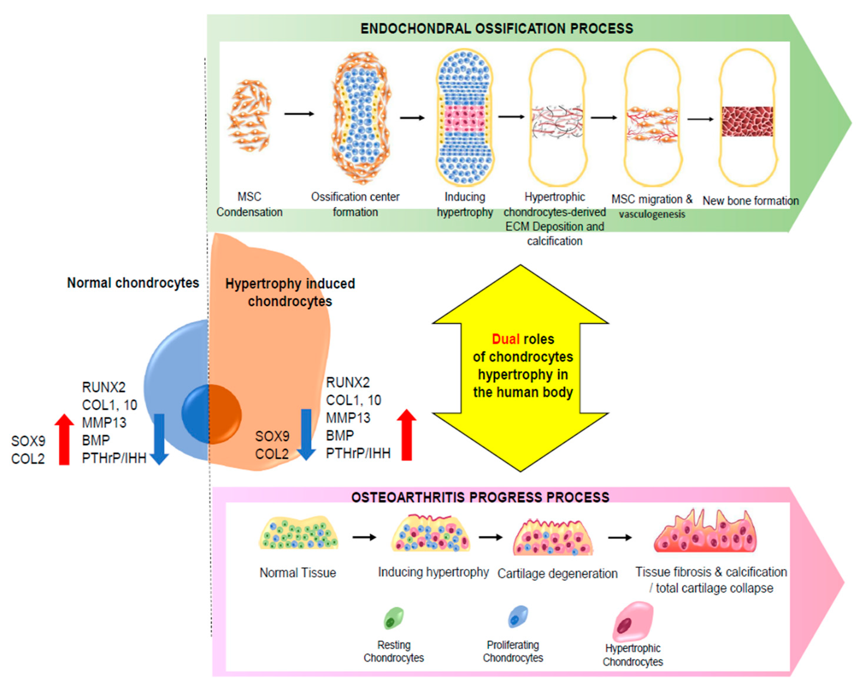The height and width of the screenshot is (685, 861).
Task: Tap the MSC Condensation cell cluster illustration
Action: click(x=249, y=115)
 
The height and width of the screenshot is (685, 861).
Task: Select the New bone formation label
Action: click(x=750, y=200)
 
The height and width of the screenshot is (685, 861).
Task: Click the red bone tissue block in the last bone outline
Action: click(x=747, y=121)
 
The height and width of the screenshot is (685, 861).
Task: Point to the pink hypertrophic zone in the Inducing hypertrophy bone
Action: click(x=464, y=119)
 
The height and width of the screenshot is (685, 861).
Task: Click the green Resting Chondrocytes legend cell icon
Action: click(x=393, y=618)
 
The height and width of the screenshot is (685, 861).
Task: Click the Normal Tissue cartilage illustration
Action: click(x=298, y=533)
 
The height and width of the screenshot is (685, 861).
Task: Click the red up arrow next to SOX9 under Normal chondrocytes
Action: click(x=64, y=439)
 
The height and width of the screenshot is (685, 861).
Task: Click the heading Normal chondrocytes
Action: click(x=133, y=283)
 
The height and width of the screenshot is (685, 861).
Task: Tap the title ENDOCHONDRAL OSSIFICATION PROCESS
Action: click(x=496, y=28)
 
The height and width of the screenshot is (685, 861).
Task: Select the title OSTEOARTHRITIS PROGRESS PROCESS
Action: click(x=480, y=497)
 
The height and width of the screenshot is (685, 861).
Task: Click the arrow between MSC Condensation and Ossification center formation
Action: click(x=299, y=114)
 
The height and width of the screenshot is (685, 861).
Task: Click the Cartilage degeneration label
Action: click(x=557, y=573)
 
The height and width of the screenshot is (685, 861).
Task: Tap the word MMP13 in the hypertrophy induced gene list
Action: click(x=348, y=418)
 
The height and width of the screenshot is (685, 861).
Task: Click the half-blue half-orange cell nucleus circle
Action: click(x=211, y=414)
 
